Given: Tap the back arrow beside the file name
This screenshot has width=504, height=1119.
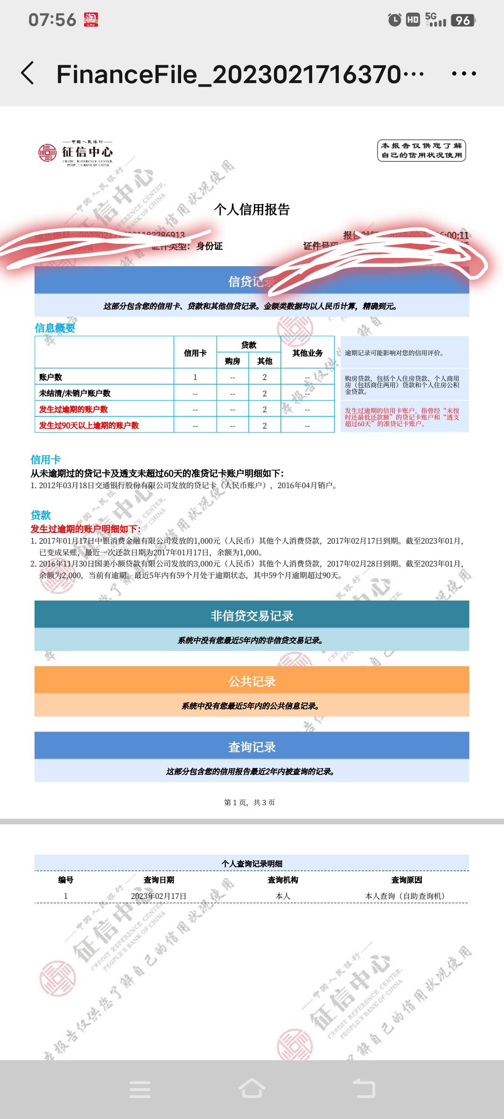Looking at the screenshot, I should (28, 73).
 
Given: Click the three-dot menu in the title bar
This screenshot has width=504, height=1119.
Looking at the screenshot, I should (464, 74).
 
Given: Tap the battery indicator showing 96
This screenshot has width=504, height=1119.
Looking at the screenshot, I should (462, 20).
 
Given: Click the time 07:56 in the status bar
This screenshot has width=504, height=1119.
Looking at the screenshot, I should (52, 20).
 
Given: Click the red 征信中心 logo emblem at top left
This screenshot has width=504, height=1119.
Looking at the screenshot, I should (47, 152).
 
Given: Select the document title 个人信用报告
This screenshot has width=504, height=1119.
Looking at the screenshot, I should (252, 209).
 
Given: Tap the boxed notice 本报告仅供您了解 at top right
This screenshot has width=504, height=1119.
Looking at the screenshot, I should (421, 151).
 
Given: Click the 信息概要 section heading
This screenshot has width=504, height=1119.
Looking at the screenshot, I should (55, 328).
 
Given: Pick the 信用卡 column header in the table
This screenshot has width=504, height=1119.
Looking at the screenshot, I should (195, 353).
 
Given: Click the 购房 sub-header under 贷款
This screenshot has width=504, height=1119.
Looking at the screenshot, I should (232, 361).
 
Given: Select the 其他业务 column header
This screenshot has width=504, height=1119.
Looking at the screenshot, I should (308, 353).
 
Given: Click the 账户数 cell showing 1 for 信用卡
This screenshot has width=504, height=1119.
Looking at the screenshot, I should (195, 377).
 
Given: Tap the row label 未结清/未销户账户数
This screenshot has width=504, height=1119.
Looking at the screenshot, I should (75, 393).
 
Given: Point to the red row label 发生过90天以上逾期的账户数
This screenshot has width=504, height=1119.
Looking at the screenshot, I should (89, 425).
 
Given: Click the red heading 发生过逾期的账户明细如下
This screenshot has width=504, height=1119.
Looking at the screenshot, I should (85, 529).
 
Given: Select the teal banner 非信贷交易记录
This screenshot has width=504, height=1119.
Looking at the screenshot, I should (252, 615).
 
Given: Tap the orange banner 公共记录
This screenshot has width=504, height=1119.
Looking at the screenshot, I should (252, 681).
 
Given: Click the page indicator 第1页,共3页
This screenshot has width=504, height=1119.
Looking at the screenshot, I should (250, 802).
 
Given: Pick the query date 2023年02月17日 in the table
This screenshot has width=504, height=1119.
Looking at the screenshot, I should (159, 896).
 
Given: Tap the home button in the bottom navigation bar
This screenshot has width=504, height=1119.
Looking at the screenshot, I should (252, 1089).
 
